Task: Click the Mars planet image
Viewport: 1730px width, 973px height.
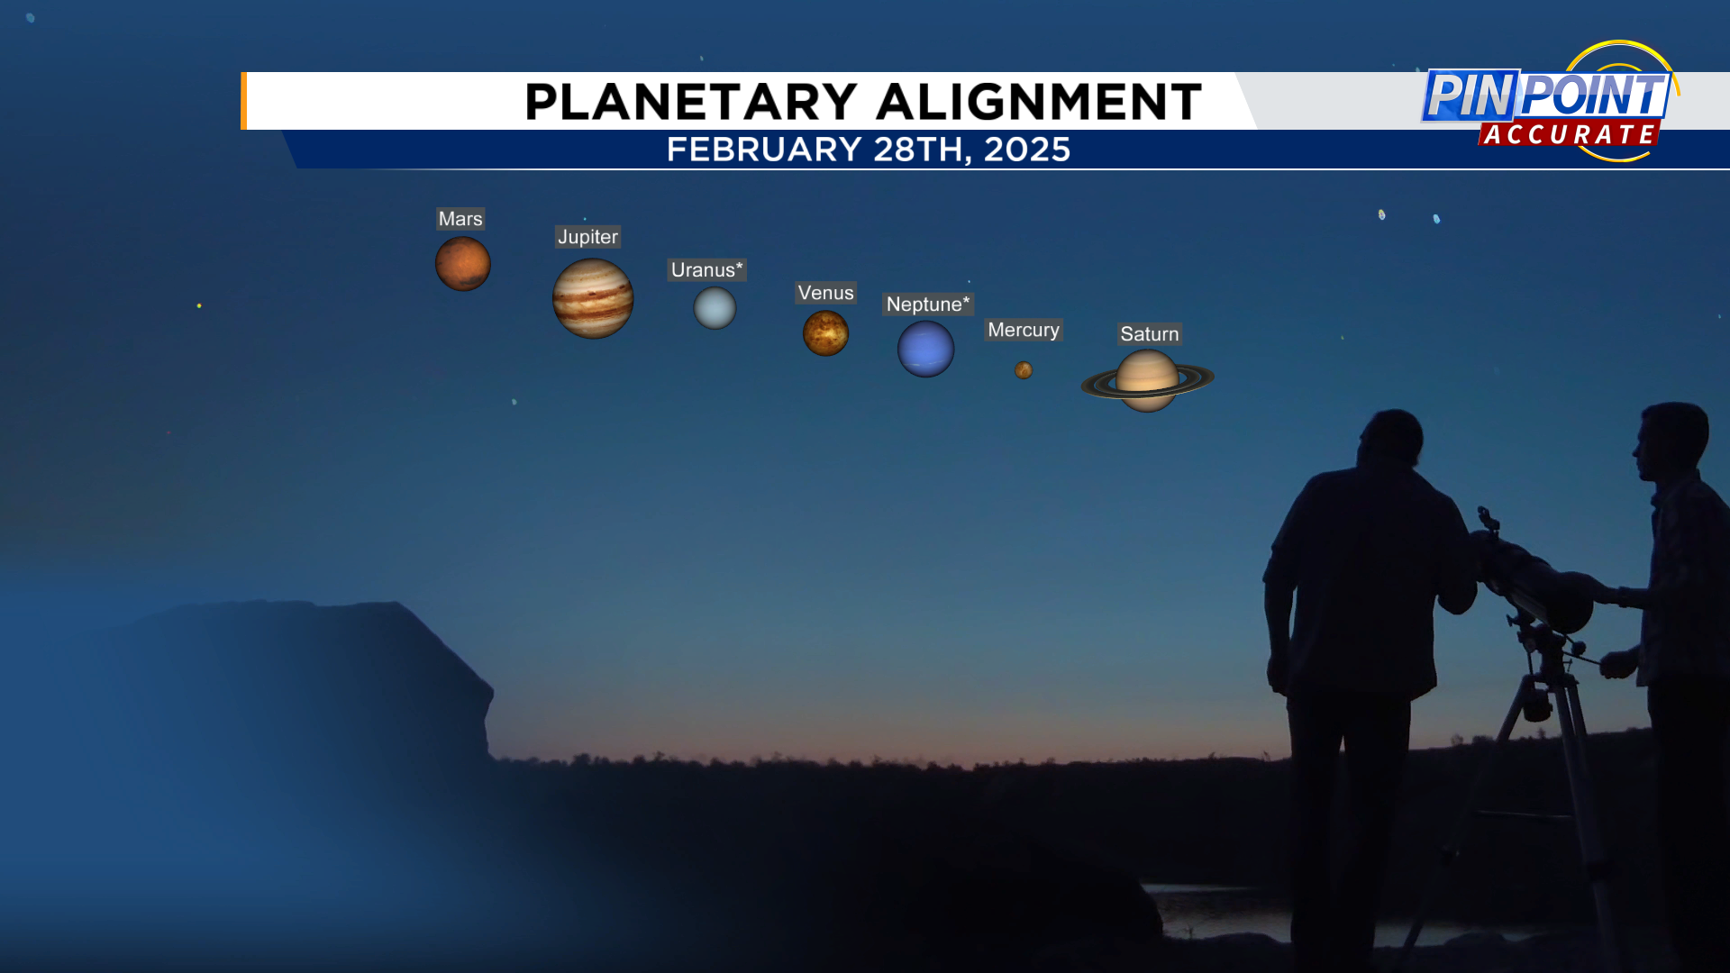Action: (x=463, y=264)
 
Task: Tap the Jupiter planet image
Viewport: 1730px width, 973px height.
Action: (x=593, y=298)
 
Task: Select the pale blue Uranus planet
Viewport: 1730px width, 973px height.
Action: (x=715, y=308)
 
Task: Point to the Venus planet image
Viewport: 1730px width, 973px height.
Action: (x=825, y=333)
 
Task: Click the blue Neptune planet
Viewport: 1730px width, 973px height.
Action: (x=925, y=349)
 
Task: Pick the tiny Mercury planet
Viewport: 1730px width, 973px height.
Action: (x=1024, y=370)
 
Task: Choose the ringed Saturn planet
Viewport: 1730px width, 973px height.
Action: (x=1147, y=381)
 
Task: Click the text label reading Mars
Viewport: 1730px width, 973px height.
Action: (x=460, y=219)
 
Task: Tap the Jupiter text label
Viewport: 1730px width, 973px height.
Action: (x=587, y=237)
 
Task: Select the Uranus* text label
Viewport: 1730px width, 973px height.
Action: (x=706, y=270)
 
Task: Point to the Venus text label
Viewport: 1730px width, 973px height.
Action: (x=825, y=293)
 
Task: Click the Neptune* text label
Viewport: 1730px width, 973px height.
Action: (x=928, y=305)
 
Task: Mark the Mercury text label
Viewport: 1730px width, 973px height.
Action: (x=1024, y=330)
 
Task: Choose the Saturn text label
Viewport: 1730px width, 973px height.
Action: (x=1149, y=334)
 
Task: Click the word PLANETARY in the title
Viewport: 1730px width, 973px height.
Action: (x=691, y=101)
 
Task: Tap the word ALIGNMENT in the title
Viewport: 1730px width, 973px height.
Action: (x=1039, y=101)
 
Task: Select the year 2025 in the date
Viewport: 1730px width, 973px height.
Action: (x=1026, y=150)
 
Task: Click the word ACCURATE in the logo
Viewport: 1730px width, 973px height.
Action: (x=1570, y=134)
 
